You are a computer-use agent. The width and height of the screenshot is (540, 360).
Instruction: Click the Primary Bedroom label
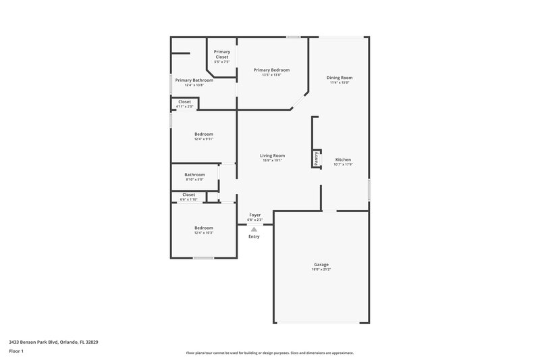click(271, 70)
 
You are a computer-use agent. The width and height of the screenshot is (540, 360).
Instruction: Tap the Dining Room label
click(339, 78)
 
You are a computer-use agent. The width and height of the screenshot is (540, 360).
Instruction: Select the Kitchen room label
click(343, 159)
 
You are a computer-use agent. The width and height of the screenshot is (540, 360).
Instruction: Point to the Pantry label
click(316, 157)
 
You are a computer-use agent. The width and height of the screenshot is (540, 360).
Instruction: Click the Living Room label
click(272, 155)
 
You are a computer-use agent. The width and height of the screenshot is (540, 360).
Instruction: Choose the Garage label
click(321, 264)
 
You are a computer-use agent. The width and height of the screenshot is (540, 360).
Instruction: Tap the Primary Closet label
click(222, 54)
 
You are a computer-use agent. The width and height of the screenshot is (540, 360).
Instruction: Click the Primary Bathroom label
click(189, 80)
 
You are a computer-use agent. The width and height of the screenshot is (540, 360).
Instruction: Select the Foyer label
click(254, 215)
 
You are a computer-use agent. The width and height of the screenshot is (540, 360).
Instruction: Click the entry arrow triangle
click(254, 230)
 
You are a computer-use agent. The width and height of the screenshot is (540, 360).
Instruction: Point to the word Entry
click(254, 236)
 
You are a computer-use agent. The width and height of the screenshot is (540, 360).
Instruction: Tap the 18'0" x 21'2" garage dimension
click(321, 269)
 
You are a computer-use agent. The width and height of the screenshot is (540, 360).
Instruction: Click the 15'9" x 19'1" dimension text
click(272, 161)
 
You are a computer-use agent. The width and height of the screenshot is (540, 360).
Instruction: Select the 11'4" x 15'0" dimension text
click(339, 83)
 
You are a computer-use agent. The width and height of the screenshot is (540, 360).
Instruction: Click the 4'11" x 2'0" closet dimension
click(184, 107)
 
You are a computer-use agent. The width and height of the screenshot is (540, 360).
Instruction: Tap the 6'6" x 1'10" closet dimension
click(188, 199)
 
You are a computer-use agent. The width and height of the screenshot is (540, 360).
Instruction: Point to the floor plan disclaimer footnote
click(269, 353)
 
